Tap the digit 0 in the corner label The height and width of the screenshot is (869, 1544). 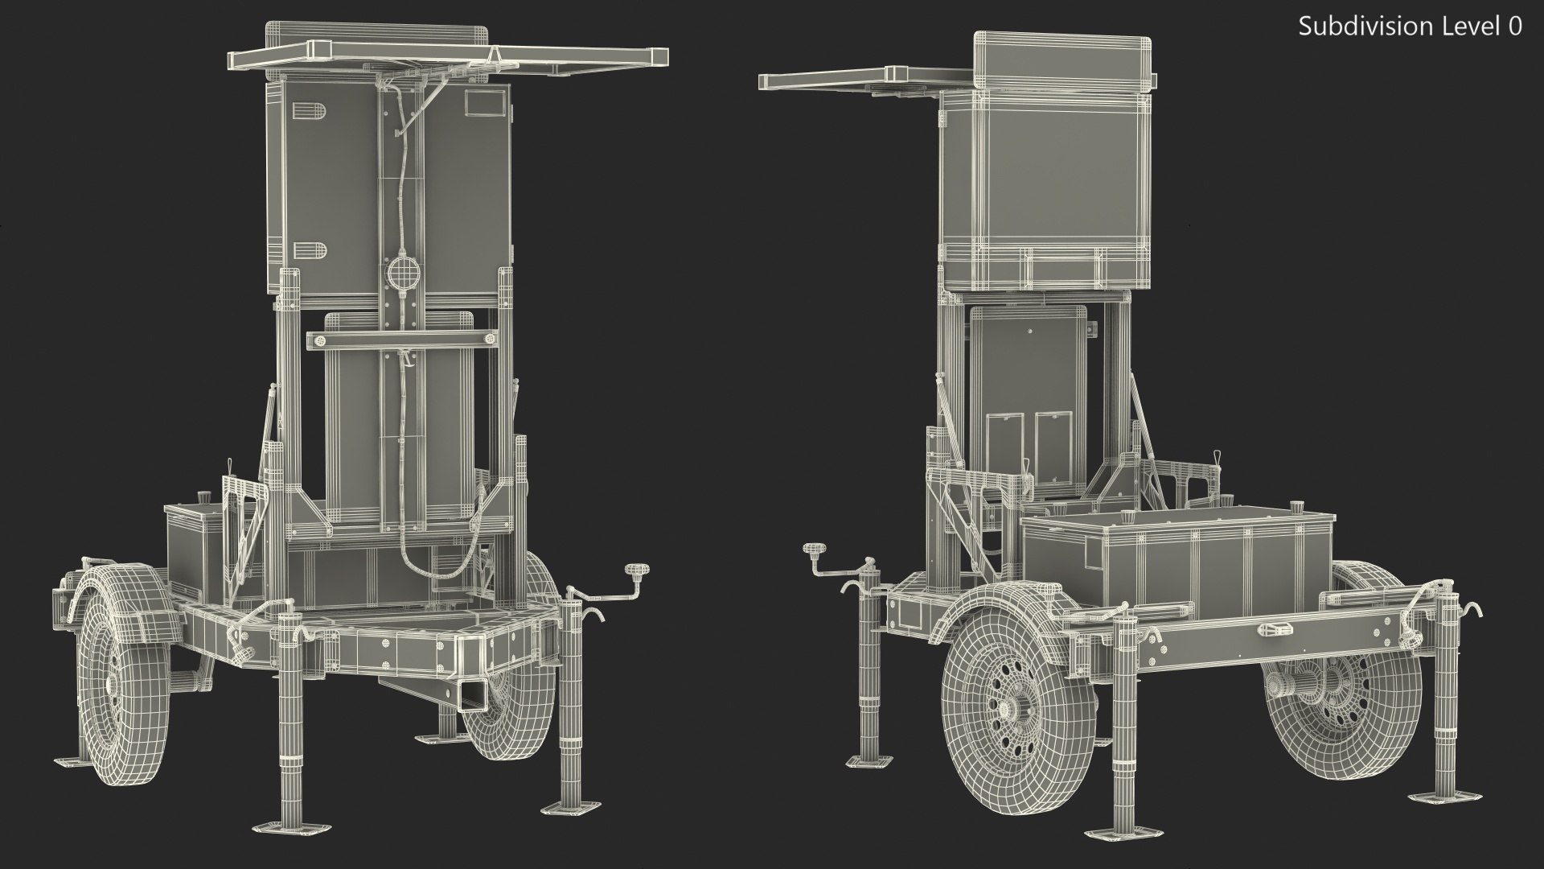coord(1515,27)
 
